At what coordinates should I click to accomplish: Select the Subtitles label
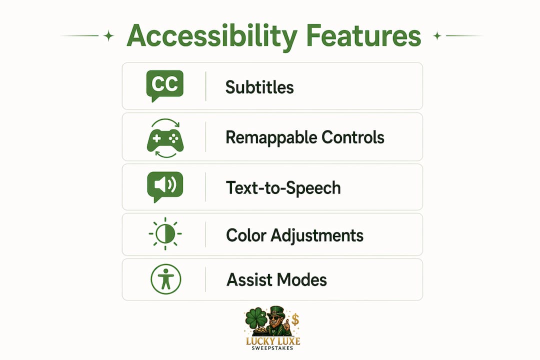click(x=259, y=87)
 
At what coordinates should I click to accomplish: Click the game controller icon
click(x=165, y=138)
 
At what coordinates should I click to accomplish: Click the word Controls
click(x=353, y=137)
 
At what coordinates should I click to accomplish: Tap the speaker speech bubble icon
click(x=165, y=186)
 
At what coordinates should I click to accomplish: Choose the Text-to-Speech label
click(x=283, y=188)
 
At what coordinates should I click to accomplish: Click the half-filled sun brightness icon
click(x=165, y=233)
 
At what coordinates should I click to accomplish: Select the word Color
click(x=246, y=235)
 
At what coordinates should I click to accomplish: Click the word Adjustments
click(x=317, y=236)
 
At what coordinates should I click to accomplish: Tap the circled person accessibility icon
click(x=166, y=279)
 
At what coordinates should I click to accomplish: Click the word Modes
click(x=301, y=279)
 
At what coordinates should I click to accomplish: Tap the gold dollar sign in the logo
click(x=295, y=320)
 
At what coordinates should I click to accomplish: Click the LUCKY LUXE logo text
click(x=273, y=341)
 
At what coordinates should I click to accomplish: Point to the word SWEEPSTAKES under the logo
click(x=272, y=348)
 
